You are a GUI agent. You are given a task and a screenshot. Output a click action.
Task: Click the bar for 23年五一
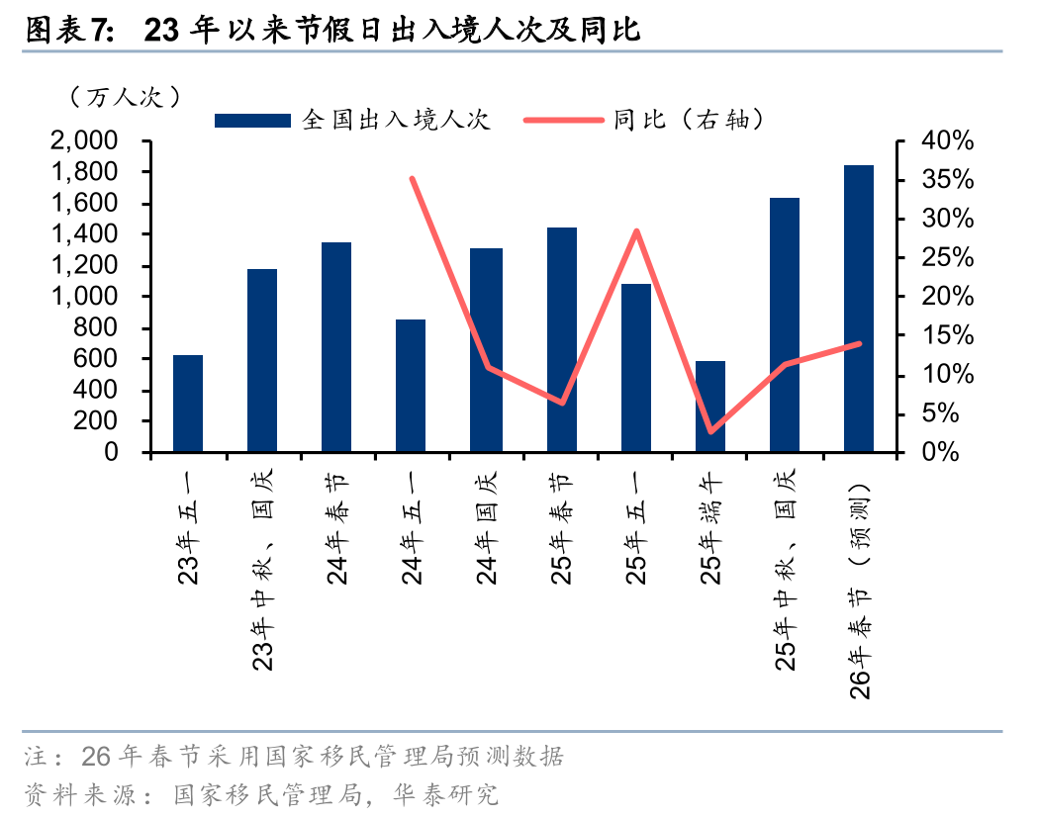tap(188, 404)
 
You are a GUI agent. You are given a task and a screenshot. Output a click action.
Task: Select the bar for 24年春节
tap(337, 347)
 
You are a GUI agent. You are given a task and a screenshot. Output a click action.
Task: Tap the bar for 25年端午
tap(710, 407)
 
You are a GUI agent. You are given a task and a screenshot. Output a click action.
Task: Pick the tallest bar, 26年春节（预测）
tap(859, 309)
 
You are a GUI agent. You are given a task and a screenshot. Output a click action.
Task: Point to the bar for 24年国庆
tap(486, 350)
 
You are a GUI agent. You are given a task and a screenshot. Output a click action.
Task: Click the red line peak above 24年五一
tap(412, 179)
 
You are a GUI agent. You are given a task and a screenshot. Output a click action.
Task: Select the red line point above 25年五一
tap(636, 231)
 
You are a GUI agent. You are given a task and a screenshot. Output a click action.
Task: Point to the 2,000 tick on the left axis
tap(97, 142)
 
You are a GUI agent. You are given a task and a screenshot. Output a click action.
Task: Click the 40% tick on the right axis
tap(947, 142)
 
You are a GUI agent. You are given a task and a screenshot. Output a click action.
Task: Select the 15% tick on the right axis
tap(947, 336)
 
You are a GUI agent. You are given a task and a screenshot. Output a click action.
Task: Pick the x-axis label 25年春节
tap(561, 528)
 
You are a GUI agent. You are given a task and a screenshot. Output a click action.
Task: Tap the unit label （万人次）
tap(124, 97)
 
